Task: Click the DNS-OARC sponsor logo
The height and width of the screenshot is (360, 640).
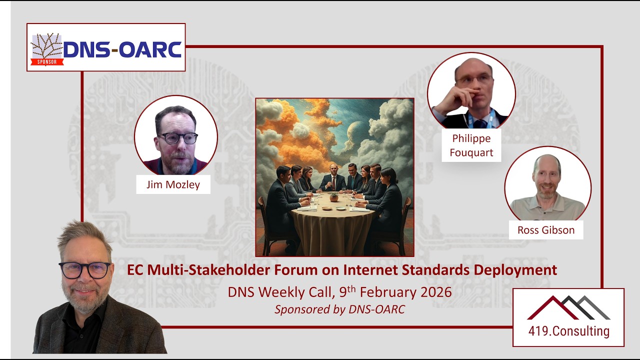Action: click(x=106, y=47)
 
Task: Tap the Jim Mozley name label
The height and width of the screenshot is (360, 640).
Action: click(x=173, y=184)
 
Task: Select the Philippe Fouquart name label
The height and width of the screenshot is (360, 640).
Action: click(x=471, y=145)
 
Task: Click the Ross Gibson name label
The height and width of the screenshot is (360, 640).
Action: click(x=546, y=230)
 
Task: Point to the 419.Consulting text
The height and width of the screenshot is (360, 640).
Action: click(x=569, y=331)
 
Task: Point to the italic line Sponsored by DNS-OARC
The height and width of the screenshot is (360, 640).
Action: click(x=339, y=309)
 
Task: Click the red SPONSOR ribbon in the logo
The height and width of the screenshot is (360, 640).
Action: click(x=47, y=62)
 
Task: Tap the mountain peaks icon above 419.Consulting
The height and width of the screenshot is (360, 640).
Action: click(x=568, y=307)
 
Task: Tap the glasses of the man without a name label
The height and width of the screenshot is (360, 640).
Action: click(x=85, y=270)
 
